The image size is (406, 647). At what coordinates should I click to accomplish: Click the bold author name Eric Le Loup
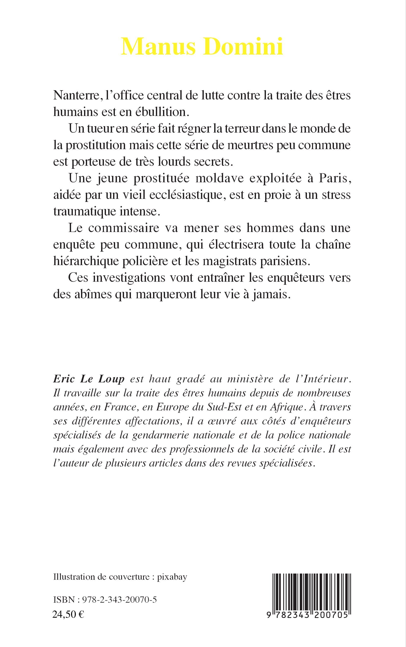pos(89,379)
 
